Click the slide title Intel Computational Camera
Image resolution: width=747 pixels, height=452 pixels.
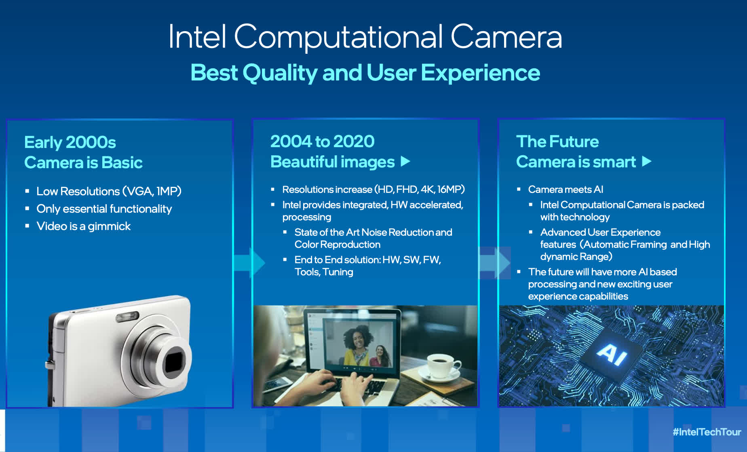pyautogui.click(x=365, y=37)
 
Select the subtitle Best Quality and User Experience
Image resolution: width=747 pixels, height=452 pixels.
pyautogui.click(x=365, y=73)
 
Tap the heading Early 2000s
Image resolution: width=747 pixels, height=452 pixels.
pyautogui.click(x=70, y=142)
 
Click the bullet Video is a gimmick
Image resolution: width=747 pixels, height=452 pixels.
pyautogui.click(x=84, y=226)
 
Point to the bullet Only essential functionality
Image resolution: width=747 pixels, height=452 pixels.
pyautogui.click(x=104, y=209)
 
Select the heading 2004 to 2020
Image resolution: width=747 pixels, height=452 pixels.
pyautogui.click(x=322, y=142)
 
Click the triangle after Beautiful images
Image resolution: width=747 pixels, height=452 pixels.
pyautogui.click(x=405, y=162)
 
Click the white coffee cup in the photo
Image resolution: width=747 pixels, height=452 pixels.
pyautogui.click(x=441, y=366)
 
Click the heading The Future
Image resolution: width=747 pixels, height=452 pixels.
pyautogui.click(x=557, y=142)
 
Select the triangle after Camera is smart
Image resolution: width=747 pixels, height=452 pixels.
pyautogui.click(x=647, y=162)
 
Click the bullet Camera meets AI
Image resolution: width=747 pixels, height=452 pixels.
pyautogui.click(x=566, y=189)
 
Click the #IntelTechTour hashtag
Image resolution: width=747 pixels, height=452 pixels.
pyautogui.click(x=707, y=432)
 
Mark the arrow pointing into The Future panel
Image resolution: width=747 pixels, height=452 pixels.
pyautogui.click(x=495, y=263)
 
